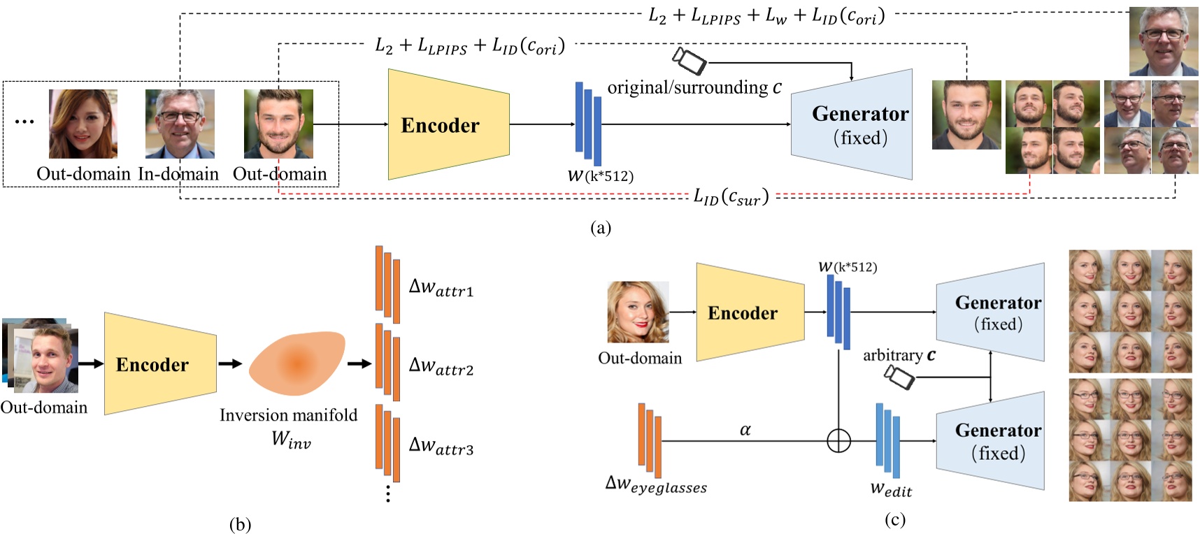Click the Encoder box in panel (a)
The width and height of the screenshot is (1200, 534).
click(448, 124)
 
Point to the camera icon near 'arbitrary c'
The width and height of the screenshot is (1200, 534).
click(899, 377)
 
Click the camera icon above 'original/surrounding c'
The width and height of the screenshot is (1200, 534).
click(690, 61)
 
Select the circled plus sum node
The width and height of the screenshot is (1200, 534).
click(838, 441)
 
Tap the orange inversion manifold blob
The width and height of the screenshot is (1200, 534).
click(297, 363)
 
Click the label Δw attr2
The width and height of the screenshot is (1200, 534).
click(441, 366)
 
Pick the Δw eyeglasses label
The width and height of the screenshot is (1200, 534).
click(655, 484)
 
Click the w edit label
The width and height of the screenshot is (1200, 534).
click(891, 489)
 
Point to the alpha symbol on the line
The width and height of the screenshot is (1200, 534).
click(745, 430)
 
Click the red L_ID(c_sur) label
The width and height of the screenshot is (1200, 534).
click(731, 197)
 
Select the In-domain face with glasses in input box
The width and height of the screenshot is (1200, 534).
click(180, 124)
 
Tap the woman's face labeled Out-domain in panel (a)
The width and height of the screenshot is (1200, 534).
click(83, 124)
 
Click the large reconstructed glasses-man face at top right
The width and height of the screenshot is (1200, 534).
click(1164, 41)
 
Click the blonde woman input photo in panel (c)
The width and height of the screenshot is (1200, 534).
click(638, 312)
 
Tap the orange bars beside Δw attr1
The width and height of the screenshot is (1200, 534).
click(387, 284)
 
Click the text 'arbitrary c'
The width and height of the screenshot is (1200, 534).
click(899, 355)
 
